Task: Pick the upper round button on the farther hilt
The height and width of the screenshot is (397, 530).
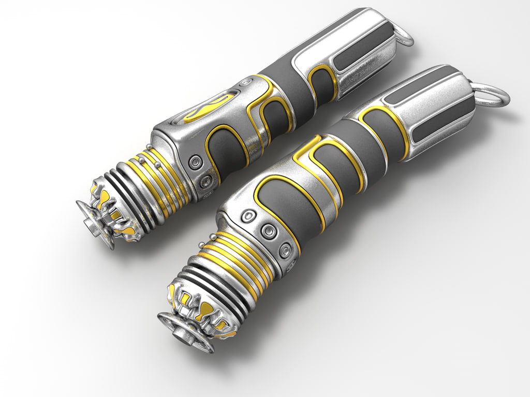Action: pos(196,163)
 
